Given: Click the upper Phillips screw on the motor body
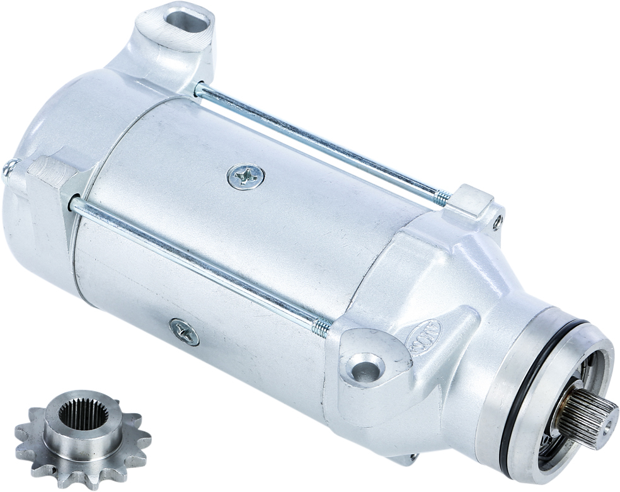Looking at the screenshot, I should [x=245, y=176].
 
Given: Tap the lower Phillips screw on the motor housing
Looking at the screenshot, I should [x=184, y=331].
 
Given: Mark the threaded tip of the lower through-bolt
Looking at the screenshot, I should [x=321, y=326].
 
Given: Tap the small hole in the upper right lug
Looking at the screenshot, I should [x=497, y=221].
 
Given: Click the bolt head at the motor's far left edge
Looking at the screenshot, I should [x=8, y=168].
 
